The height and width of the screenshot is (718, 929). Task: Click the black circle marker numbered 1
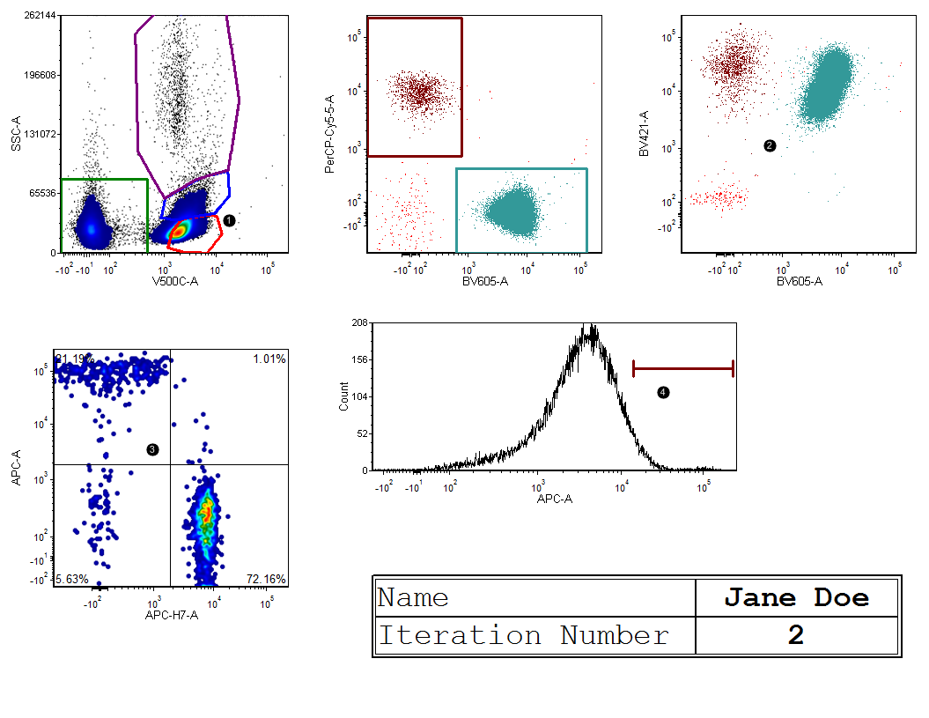point(229,220)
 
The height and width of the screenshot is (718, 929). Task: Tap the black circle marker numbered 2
point(770,145)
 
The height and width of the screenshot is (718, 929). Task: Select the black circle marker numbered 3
point(152,449)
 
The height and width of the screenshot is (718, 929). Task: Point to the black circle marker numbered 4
point(663,393)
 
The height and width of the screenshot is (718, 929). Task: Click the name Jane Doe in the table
point(796,598)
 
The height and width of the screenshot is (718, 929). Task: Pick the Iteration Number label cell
point(523,635)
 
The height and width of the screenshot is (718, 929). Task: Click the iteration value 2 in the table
point(796,636)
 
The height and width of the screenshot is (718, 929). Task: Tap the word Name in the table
point(413,598)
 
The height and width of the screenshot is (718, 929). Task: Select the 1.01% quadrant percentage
point(269,359)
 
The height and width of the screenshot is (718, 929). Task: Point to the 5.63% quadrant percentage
point(72,579)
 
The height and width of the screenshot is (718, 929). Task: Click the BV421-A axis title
point(644,134)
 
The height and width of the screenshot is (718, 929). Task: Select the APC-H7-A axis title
point(172,614)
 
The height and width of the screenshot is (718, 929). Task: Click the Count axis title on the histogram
point(343,396)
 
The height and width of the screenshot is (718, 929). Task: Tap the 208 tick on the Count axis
point(359,323)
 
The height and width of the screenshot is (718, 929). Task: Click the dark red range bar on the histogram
point(682,369)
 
